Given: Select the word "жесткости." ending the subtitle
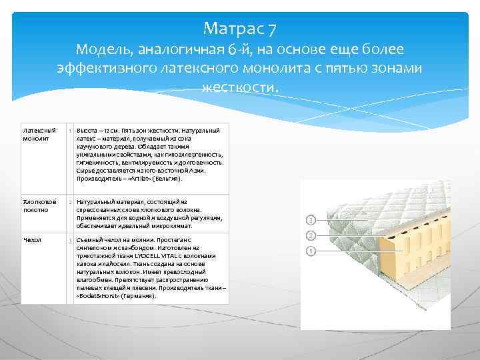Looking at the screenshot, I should point(239,87).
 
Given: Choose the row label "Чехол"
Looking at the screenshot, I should point(31,239).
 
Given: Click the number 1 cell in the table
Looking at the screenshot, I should point(70,130).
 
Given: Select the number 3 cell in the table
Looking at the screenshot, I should point(70,240).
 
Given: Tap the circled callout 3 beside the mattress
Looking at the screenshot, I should point(310,219).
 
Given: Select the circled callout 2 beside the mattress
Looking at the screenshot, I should point(310,236).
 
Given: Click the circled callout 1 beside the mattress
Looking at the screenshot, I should point(310,251).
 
